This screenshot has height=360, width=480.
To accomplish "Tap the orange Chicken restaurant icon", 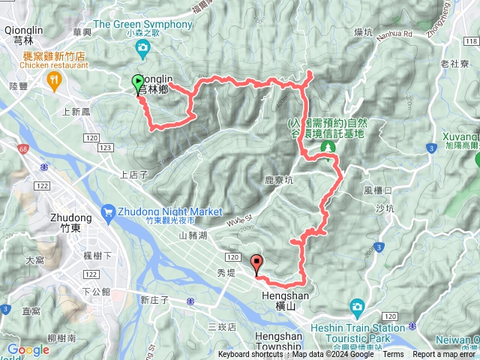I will point(53,79).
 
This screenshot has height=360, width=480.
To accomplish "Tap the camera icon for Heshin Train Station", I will point(357,307).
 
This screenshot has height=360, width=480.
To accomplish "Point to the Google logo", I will point(28,349).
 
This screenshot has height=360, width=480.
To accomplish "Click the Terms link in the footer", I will point(393,355).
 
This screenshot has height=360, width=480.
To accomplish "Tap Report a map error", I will point(445,355).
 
